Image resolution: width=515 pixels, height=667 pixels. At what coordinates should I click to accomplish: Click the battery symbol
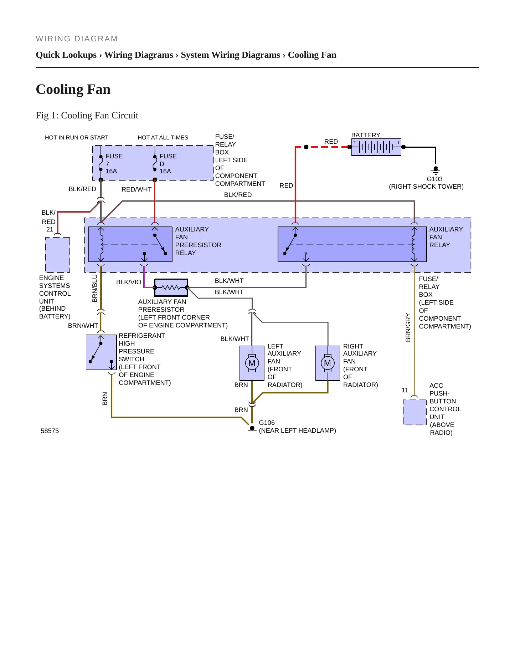[x=376, y=147]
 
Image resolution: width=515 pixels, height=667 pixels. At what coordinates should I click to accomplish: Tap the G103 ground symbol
[x=436, y=170]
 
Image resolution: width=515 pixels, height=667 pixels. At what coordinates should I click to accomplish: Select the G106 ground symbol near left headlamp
[x=252, y=429]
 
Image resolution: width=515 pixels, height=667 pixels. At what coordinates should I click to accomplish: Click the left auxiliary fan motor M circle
[x=252, y=363]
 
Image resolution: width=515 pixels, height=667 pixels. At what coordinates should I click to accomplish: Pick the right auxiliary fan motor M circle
[x=328, y=363]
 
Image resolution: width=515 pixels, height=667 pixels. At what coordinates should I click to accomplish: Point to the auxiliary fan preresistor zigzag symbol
[x=171, y=287]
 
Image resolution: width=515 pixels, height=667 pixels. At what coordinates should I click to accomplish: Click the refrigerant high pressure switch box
[x=101, y=352]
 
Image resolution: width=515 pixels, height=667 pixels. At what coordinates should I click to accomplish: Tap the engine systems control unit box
[x=58, y=255]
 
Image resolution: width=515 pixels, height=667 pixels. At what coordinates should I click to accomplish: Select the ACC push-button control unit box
[x=414, y=412]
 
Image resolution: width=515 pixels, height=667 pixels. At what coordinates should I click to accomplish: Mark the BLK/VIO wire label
[x=129, y=282]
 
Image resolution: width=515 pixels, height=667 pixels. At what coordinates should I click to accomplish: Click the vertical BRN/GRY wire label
[x=408, y=327]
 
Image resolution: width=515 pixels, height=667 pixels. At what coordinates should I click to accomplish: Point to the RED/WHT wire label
[x=137, y=189]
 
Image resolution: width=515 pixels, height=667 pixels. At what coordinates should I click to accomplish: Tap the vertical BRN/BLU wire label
[x=94, y=288]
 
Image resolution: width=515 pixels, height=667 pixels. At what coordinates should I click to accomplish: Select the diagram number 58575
[x=50, y=431]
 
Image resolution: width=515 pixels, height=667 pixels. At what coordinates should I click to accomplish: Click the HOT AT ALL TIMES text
[x=163, y=138]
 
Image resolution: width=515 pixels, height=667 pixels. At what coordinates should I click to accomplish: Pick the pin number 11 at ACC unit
[x=405, y=390]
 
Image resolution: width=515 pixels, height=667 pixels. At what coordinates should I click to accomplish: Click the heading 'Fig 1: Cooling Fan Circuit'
[x=87, y=115]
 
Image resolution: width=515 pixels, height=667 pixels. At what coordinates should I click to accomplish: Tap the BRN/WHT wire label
[x=83, y=326]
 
